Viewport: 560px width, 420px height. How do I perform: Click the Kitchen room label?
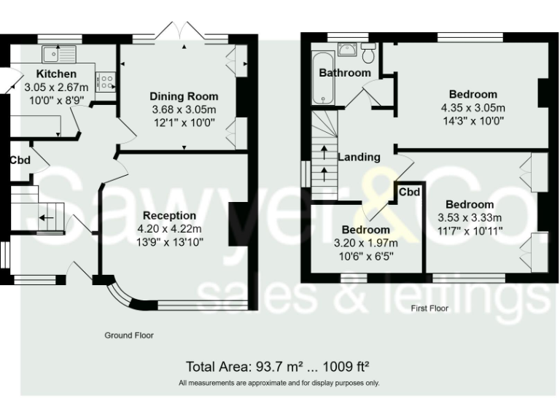(x=56, y=74)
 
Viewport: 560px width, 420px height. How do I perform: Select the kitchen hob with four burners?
(x=105, y=81)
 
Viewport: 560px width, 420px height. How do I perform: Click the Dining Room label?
(x=184, y=96)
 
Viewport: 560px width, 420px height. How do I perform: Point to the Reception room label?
(x=169, y=216)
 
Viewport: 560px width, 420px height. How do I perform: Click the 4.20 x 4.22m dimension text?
(x=170, y=228)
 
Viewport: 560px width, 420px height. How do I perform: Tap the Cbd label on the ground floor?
(x=20, y=160)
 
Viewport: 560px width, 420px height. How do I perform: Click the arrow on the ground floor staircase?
(x=47, y=217)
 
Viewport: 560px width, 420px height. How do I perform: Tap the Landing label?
(x=359, y=157)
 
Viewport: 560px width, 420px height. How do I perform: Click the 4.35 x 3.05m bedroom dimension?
(x=472, y=108)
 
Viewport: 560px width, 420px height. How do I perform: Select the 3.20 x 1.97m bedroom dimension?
(x=366, y=244)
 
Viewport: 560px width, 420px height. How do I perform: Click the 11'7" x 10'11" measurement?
(x=470, y=230)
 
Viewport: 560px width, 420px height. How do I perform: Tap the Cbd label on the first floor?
(x=409, y=192)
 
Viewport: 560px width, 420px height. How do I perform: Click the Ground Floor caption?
(x=130, y=335)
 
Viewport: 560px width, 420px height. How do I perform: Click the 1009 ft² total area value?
(x=351, y=366)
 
